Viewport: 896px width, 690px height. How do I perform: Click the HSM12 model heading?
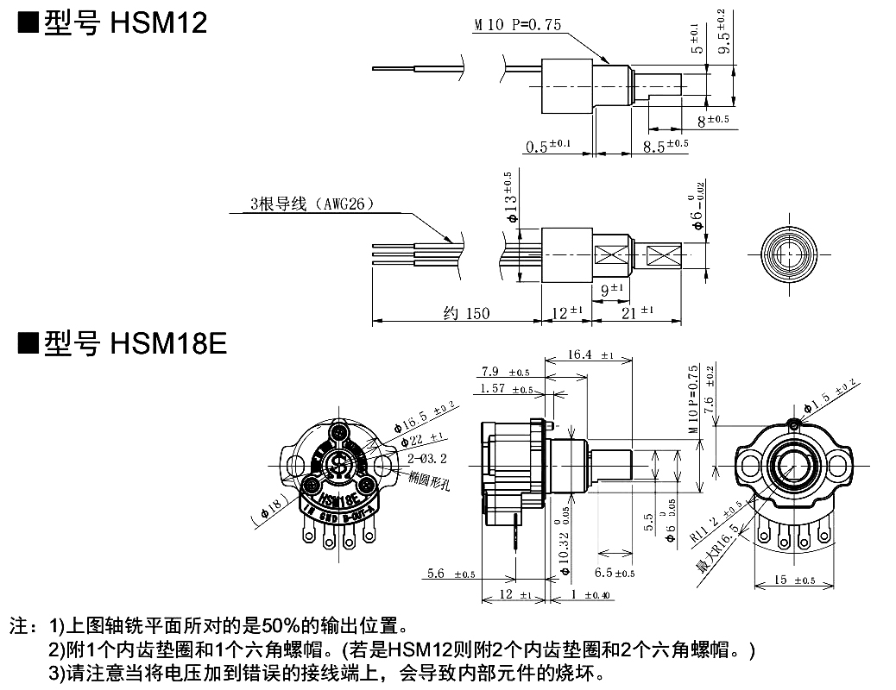[x=112, y=22]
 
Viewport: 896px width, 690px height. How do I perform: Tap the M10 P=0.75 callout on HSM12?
[x=517, y=25]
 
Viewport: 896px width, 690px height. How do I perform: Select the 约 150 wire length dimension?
[x=466, y=314]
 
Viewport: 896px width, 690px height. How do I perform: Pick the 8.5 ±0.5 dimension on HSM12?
[x=666, y=146]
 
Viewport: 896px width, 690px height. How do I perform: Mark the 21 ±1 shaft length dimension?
[x=637, y=312]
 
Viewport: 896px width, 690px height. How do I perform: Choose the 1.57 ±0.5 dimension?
[x=505, y=389]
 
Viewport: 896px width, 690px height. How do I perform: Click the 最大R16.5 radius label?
[x=716, y=552]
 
